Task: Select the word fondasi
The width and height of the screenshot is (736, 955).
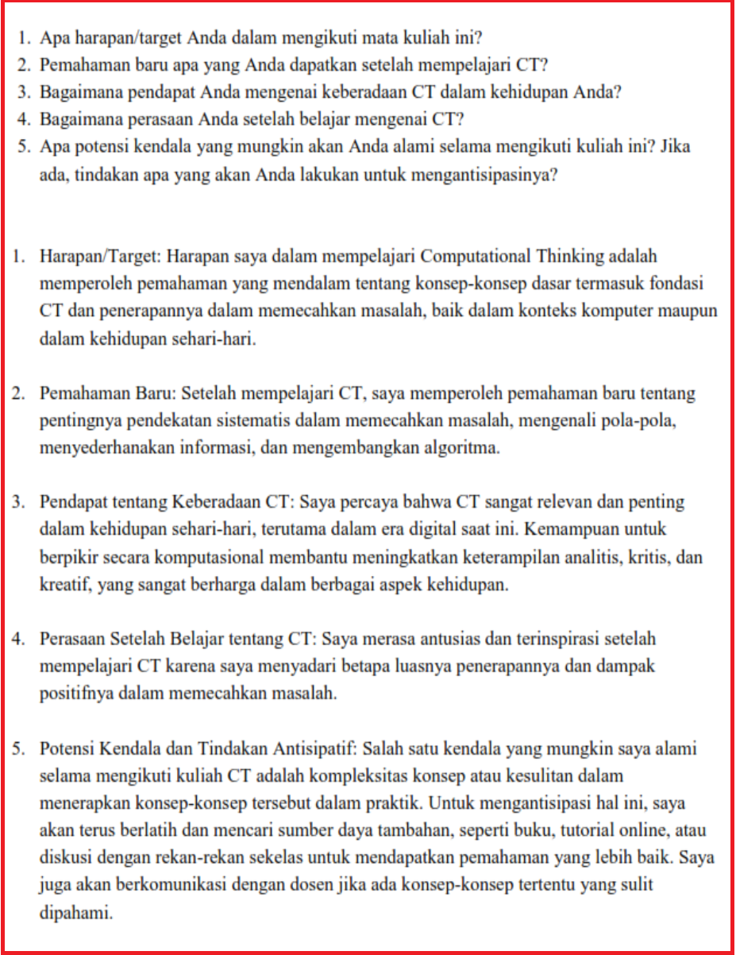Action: [x=684, y=284]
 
